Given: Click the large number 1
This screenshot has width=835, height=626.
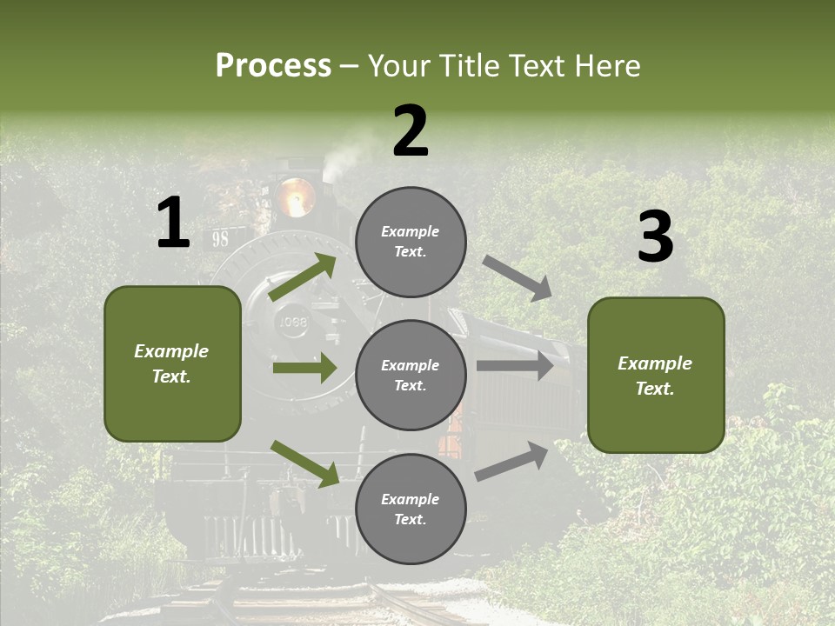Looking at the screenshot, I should pos(173,223).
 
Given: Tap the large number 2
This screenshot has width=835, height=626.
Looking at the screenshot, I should pos(411,131).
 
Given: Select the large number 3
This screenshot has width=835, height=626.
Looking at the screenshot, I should pos(655,237).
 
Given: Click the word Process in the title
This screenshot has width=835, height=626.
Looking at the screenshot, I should pos(273,65).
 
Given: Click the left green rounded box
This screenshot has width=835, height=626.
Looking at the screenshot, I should pos(172,363).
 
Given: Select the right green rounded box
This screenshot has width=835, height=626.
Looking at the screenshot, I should pos(656,376).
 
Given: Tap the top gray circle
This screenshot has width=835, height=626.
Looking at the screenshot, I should pos(411,242).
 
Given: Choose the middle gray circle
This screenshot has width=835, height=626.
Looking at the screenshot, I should pos(411,375).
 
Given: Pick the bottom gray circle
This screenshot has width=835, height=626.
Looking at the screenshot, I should pos(411,509).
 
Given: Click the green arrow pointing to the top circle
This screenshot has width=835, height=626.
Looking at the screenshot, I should pos(304,277).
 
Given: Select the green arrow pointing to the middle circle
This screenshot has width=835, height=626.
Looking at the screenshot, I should pos(304,368).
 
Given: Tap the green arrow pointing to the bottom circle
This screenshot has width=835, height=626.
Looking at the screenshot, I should pos(305,463).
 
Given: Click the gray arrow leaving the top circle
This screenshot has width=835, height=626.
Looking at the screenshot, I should pos(518,277).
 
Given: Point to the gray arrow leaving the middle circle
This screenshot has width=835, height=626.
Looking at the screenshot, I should pos(515,365).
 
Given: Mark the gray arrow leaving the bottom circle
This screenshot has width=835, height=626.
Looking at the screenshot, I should pos(512,462).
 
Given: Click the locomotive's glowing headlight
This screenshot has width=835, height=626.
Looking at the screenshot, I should pos(295,197).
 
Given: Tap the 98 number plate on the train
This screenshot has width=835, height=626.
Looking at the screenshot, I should pos(220,239).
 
